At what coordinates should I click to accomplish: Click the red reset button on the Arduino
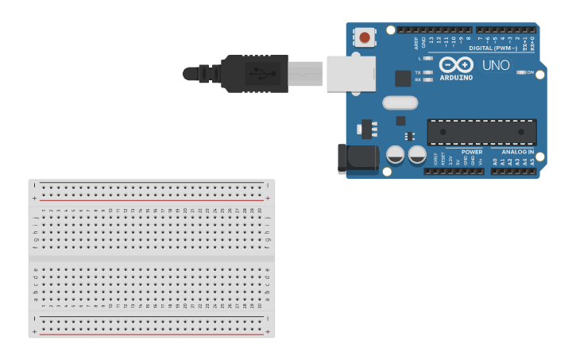coord(365,37)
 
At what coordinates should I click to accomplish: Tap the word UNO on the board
coord(496,65)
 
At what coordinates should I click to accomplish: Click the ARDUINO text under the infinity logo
coord(456,78)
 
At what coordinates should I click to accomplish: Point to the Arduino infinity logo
coord(456,64)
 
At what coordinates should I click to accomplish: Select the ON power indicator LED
coord(520,72)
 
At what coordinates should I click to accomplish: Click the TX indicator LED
coord(428,72)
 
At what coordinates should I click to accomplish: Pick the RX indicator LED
coord(428,79)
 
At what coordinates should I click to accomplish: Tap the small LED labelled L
coord(428,58)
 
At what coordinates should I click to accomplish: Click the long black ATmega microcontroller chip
coord(481,132)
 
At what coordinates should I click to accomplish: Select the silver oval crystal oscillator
coord(400,103)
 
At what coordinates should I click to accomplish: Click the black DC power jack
coord(358,157)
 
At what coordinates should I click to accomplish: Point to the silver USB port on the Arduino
coord(350,74)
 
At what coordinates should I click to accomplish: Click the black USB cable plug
coord(254,74)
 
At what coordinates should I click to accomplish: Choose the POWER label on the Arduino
coord(472,152)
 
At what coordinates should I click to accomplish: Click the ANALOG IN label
coord(518,152)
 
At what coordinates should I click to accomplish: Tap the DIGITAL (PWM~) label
coord(493,48)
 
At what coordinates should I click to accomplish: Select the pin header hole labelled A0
coord(494,171)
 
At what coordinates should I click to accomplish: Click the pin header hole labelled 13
coord(431,30)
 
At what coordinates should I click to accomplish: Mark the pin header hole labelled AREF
coord(416,30)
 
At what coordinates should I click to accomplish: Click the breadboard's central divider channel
coord(152,257)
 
